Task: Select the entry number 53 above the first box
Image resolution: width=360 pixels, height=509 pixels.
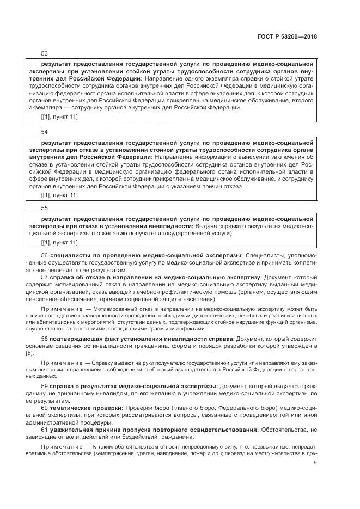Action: click(x=44, y=53)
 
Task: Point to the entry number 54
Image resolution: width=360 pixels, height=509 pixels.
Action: click(x=44, y=132)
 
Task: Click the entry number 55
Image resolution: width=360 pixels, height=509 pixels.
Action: click(x=44, y=208)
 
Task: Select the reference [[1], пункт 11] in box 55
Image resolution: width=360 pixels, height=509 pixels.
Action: click(x=59, y=242)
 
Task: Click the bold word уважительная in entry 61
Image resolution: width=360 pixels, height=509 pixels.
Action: click(x=74, y=430)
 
